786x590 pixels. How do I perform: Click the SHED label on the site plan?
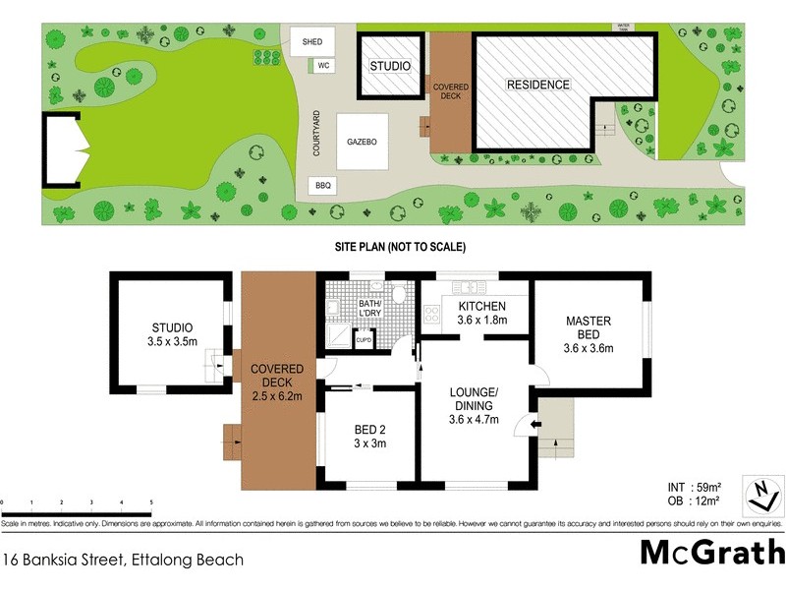pos(312,42)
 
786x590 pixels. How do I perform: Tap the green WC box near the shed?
pos(320,66)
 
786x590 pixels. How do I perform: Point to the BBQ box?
pos(321,185)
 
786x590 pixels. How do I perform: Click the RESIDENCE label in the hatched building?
pos(537,85)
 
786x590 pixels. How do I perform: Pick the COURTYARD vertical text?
pos(317,133)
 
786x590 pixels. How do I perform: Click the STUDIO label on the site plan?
pos(389,66)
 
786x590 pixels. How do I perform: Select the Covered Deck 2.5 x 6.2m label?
pos(277,382)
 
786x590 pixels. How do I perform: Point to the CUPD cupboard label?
pos(364,340)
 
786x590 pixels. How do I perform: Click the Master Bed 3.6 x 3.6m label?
pos(589,334)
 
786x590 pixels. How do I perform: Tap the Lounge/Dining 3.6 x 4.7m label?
pos(475,406)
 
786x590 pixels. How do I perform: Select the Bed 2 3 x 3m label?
pos(369,437)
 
